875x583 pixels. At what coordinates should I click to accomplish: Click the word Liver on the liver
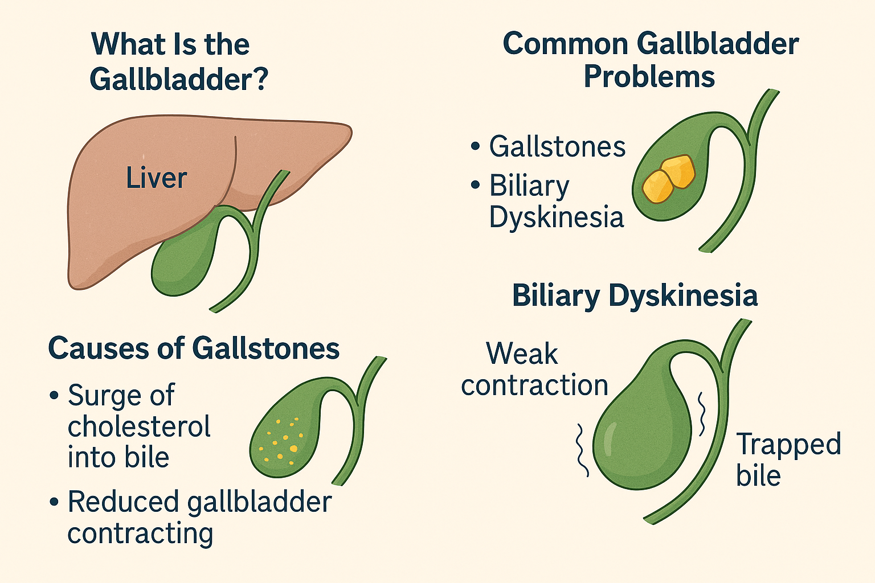(156, 178)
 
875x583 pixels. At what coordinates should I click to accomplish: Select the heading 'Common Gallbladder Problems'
(650, 60)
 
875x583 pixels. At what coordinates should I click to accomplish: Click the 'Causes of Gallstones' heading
(194, 348)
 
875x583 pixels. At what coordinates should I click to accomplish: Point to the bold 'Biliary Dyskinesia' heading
(635, 295)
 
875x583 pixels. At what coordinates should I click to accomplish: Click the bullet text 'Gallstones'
(557, 147)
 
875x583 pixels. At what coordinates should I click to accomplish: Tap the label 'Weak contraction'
(534, 369)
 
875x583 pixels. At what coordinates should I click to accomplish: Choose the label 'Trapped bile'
(788, 459)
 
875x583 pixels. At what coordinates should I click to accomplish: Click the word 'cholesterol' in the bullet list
(139, 426)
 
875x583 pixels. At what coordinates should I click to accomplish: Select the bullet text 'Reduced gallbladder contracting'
(199, 517)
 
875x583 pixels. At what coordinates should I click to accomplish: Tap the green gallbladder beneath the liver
(180, 262)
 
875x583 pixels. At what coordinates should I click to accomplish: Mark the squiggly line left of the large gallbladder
(582, 450)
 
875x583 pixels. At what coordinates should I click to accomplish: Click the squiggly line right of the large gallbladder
(701, 414)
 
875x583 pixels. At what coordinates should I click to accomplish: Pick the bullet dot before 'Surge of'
(54, 395)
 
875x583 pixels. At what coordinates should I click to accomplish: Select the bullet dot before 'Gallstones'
(476, 147)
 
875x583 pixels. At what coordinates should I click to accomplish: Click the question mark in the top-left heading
(259, 79)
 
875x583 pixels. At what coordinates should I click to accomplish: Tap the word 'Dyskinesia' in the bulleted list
(556, 217)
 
